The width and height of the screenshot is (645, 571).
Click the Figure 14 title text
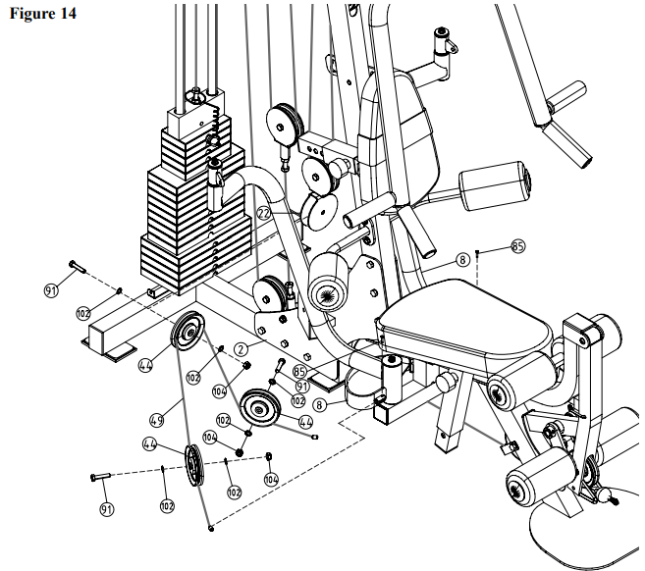click(41, 14)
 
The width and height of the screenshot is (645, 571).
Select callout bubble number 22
click(264, 213)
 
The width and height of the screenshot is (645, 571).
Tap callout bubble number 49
click(155, 420)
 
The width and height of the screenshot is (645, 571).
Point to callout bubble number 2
click(241, 347)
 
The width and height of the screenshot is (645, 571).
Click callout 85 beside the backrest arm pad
click(517, 247)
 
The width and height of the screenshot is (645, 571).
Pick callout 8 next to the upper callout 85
click(460, 261)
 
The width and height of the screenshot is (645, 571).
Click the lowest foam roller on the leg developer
click(535, 482)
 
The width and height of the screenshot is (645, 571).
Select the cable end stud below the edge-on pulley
click(211, 529)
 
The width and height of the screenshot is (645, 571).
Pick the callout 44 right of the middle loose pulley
click(306, 422)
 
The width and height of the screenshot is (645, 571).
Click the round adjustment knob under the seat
click(443, 379)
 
